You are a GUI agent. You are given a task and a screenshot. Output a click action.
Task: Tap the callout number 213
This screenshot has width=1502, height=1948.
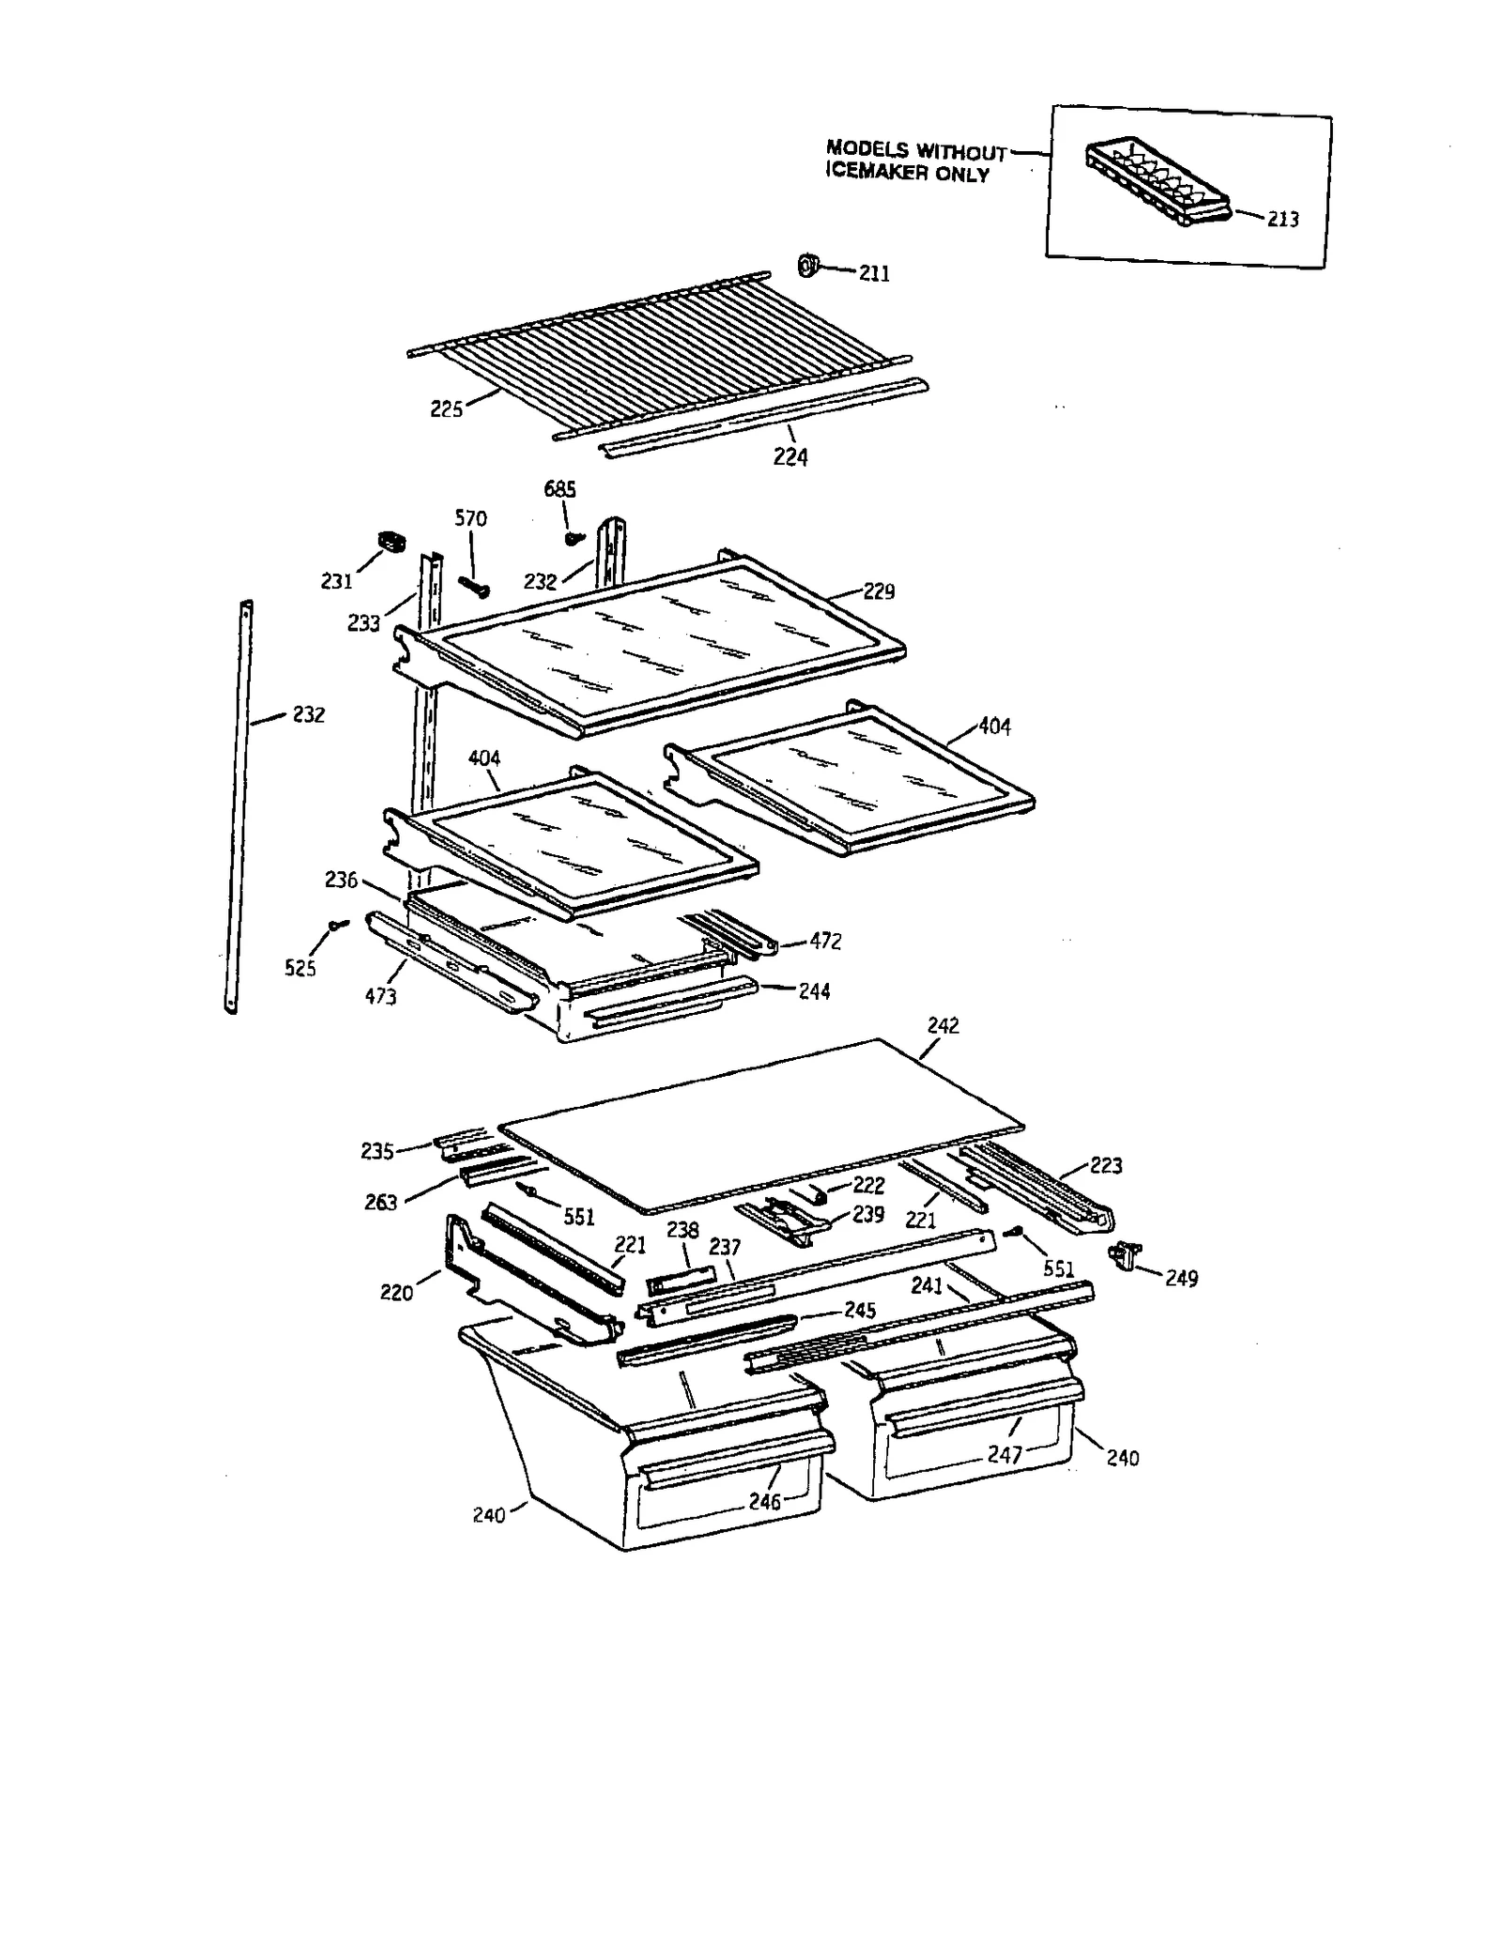(1282, 220)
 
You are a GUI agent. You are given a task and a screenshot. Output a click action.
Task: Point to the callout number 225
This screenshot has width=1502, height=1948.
(446, 409)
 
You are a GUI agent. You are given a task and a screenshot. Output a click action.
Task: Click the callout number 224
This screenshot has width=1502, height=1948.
(789, 457)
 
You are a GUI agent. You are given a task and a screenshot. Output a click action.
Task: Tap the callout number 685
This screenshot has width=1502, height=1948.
(559, 489)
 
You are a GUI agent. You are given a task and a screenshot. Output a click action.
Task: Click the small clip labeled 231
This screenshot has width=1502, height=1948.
(387, 540)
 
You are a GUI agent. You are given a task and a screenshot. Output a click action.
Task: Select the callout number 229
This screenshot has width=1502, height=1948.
(879, 591)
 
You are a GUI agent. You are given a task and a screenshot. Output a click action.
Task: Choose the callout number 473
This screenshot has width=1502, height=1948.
(380, 997)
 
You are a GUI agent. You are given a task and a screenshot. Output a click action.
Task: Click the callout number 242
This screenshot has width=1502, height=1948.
(943, 1026)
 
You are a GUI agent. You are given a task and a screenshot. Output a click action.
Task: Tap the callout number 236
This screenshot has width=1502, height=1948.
(341, 880)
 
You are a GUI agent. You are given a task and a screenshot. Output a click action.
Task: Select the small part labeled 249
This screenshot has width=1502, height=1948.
(1126, 1252)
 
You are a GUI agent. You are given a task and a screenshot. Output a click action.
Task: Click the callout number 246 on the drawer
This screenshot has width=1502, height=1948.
(765, 1502)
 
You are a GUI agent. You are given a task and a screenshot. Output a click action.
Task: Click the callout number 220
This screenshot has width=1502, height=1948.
(396, 1293)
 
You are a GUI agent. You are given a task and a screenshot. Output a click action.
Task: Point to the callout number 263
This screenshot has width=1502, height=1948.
(380, 1203)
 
